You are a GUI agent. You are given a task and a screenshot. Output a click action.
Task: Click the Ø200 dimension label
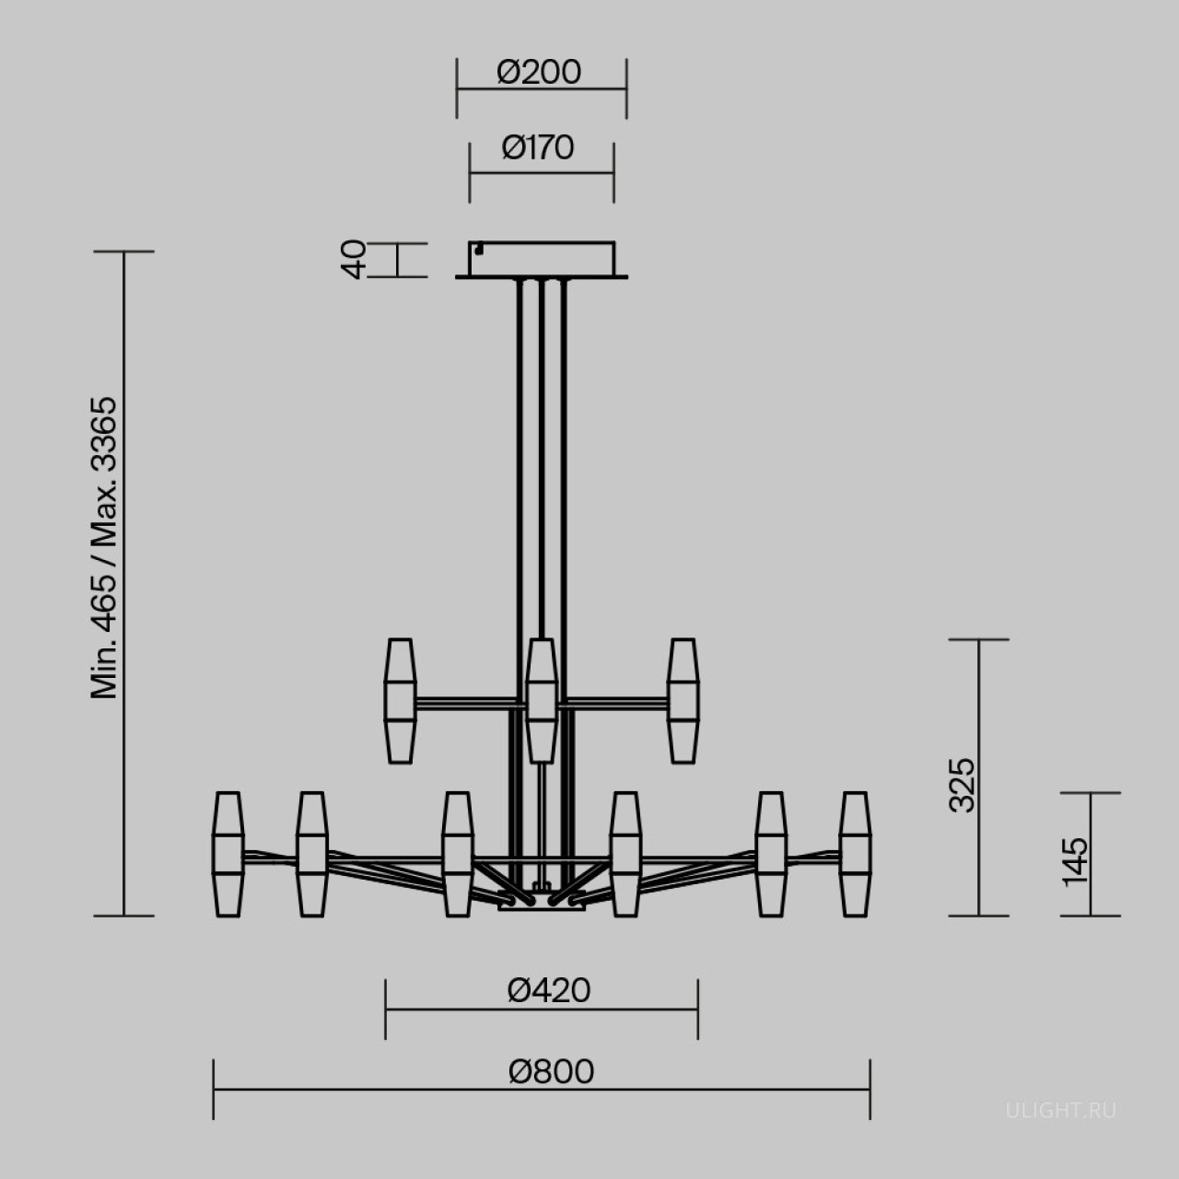[x=539, y=73]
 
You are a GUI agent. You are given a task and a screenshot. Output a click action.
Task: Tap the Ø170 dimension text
[x=538, y=148]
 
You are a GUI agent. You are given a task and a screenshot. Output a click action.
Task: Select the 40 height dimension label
[x=353, y=260]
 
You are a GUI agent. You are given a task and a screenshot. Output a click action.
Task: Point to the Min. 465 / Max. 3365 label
[x=103, y=547]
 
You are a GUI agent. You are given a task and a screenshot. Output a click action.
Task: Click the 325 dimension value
[x=962, y=785]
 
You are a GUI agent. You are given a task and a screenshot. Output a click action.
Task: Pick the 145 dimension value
[x=1075, y=861]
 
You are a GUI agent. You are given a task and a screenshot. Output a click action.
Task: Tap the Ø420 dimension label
[x=549, y=990]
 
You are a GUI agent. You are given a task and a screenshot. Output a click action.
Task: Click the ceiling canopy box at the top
[x=542, y=260]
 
